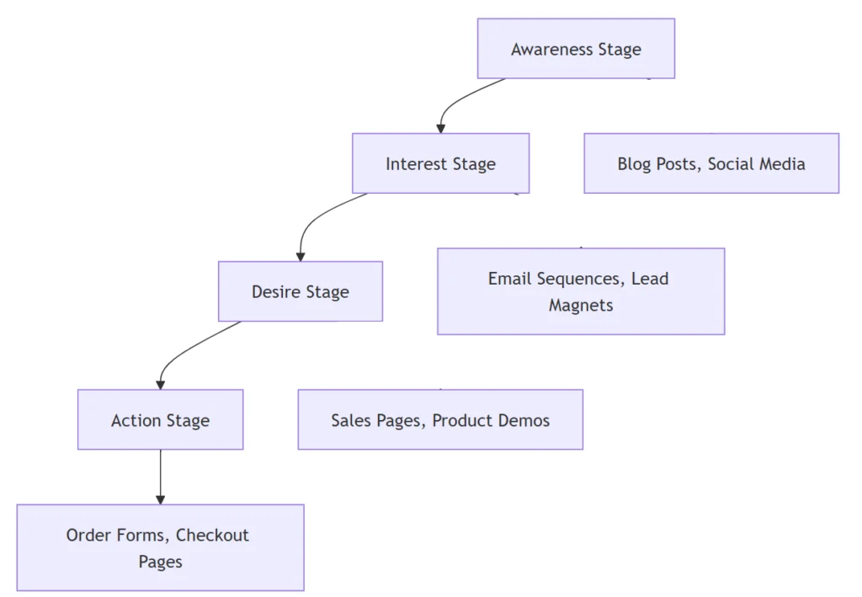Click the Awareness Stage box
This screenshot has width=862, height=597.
tap(576, 49)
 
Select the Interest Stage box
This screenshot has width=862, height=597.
tap(440, 163)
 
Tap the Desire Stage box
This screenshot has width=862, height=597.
tap(300, 291)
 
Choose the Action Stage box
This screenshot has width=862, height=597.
tap(160, 419)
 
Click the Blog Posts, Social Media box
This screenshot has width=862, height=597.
tap(711, 163)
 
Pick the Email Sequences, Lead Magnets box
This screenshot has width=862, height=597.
tap(581, 291)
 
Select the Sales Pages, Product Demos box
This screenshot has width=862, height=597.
tap(440, 419)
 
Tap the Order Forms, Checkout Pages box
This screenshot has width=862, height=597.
tap(160, 547)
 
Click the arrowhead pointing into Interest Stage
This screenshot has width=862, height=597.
tap(440, 128)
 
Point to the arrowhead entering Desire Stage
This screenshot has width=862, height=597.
tap(301, 256)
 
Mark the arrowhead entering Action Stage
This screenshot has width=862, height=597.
tap(160, 384)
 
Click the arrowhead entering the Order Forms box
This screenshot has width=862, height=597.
tap(160, 499)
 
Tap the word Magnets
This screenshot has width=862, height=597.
tap(581, 306)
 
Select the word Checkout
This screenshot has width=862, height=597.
tap(212, 535)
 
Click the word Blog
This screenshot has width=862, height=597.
tap(635, 164)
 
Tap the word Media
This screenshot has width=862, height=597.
tap(782, 164)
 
